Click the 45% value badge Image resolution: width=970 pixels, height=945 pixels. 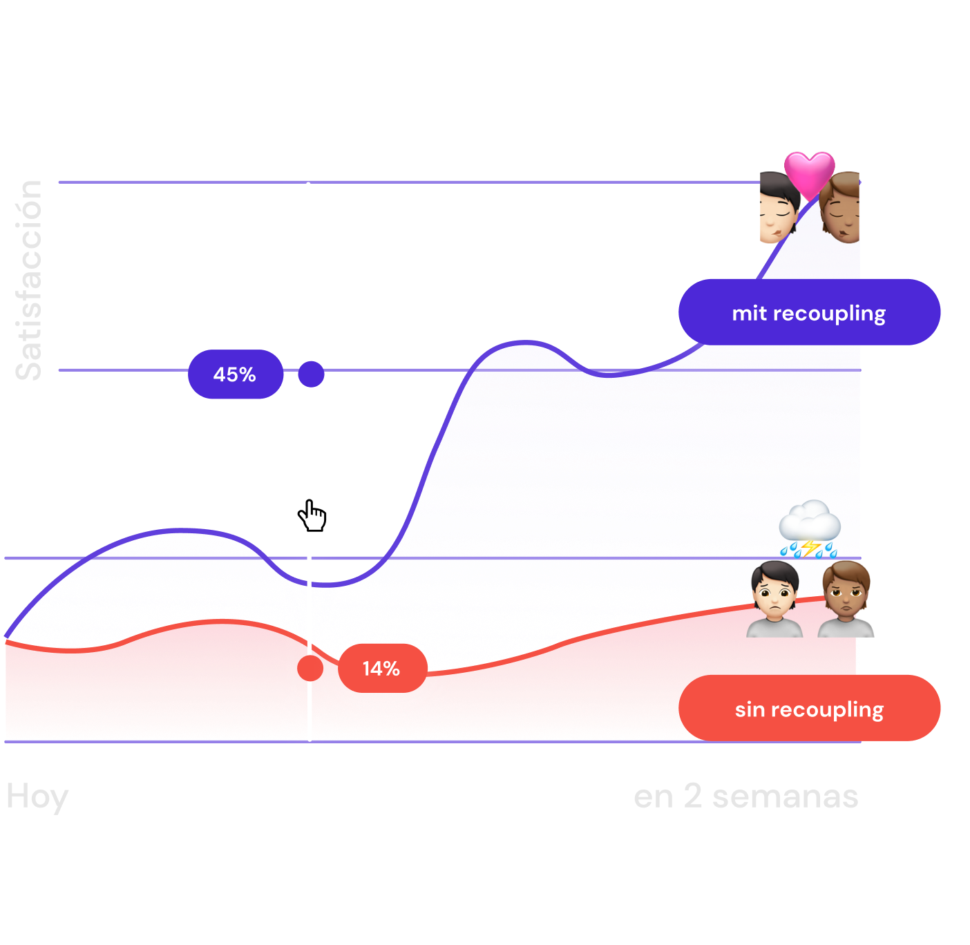pos(235,374)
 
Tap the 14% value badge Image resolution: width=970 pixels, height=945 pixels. pos(381,668)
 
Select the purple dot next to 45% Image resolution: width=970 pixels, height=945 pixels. pos(311,374)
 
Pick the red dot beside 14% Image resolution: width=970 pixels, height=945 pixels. pos(310,668)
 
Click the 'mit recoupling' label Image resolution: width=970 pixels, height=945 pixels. pos(809,312)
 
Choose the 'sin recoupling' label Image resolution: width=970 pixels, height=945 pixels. pos(809,709)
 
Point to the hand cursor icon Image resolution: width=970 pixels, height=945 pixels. pos(312,515)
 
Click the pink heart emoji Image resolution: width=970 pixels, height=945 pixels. pos(810,173)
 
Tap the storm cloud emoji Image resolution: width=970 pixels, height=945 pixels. pos(809,526)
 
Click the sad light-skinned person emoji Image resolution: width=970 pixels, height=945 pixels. pos(774,599)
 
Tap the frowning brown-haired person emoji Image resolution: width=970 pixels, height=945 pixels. pos(846,599)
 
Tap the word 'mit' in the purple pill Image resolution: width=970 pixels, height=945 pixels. pos(749,313)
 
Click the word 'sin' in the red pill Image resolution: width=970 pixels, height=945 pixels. pos(750,709)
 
